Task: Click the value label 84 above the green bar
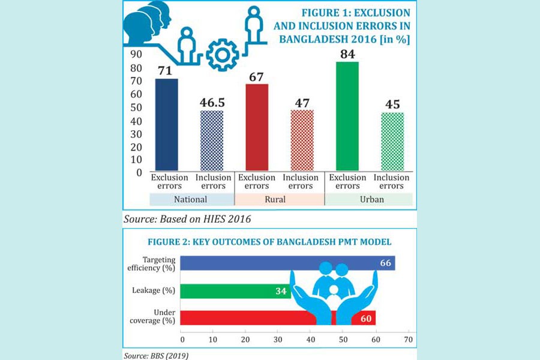tap(347, 54)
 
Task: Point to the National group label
tap(190, 199)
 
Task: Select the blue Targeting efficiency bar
tap(288, 263)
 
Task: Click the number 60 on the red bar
tap(365, 318)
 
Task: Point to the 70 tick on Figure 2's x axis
tap(409, 340)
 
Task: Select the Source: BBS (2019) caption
tap(157, 356)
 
